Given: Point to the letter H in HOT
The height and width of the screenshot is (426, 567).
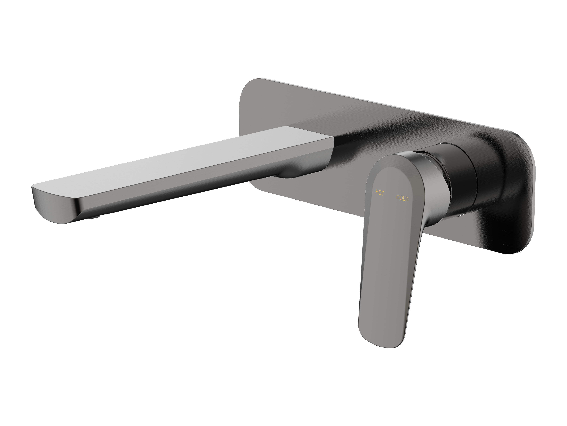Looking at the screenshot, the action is [377, 192].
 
